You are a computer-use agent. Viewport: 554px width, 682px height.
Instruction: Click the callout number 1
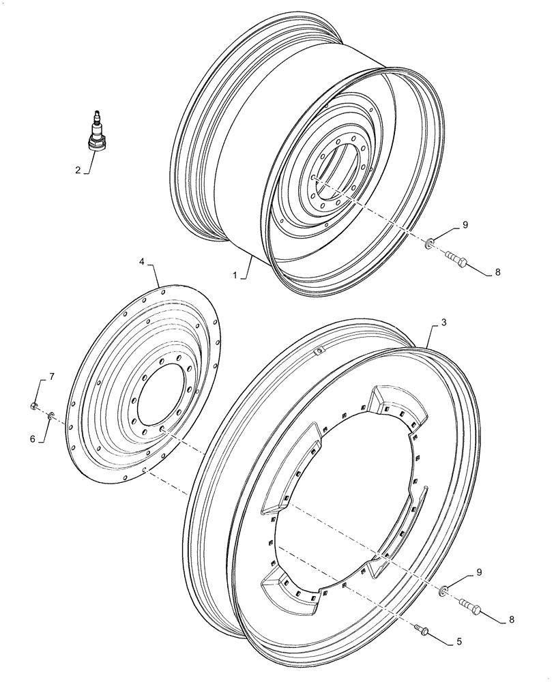pos(235,276)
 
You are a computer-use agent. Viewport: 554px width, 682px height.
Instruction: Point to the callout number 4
pos(142,261)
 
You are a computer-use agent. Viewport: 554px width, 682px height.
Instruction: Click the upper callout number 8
pos(497,271)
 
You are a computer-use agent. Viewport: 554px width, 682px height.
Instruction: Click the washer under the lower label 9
pos(443,589)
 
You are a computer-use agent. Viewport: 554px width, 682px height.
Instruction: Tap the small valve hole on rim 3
pos(317,351)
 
